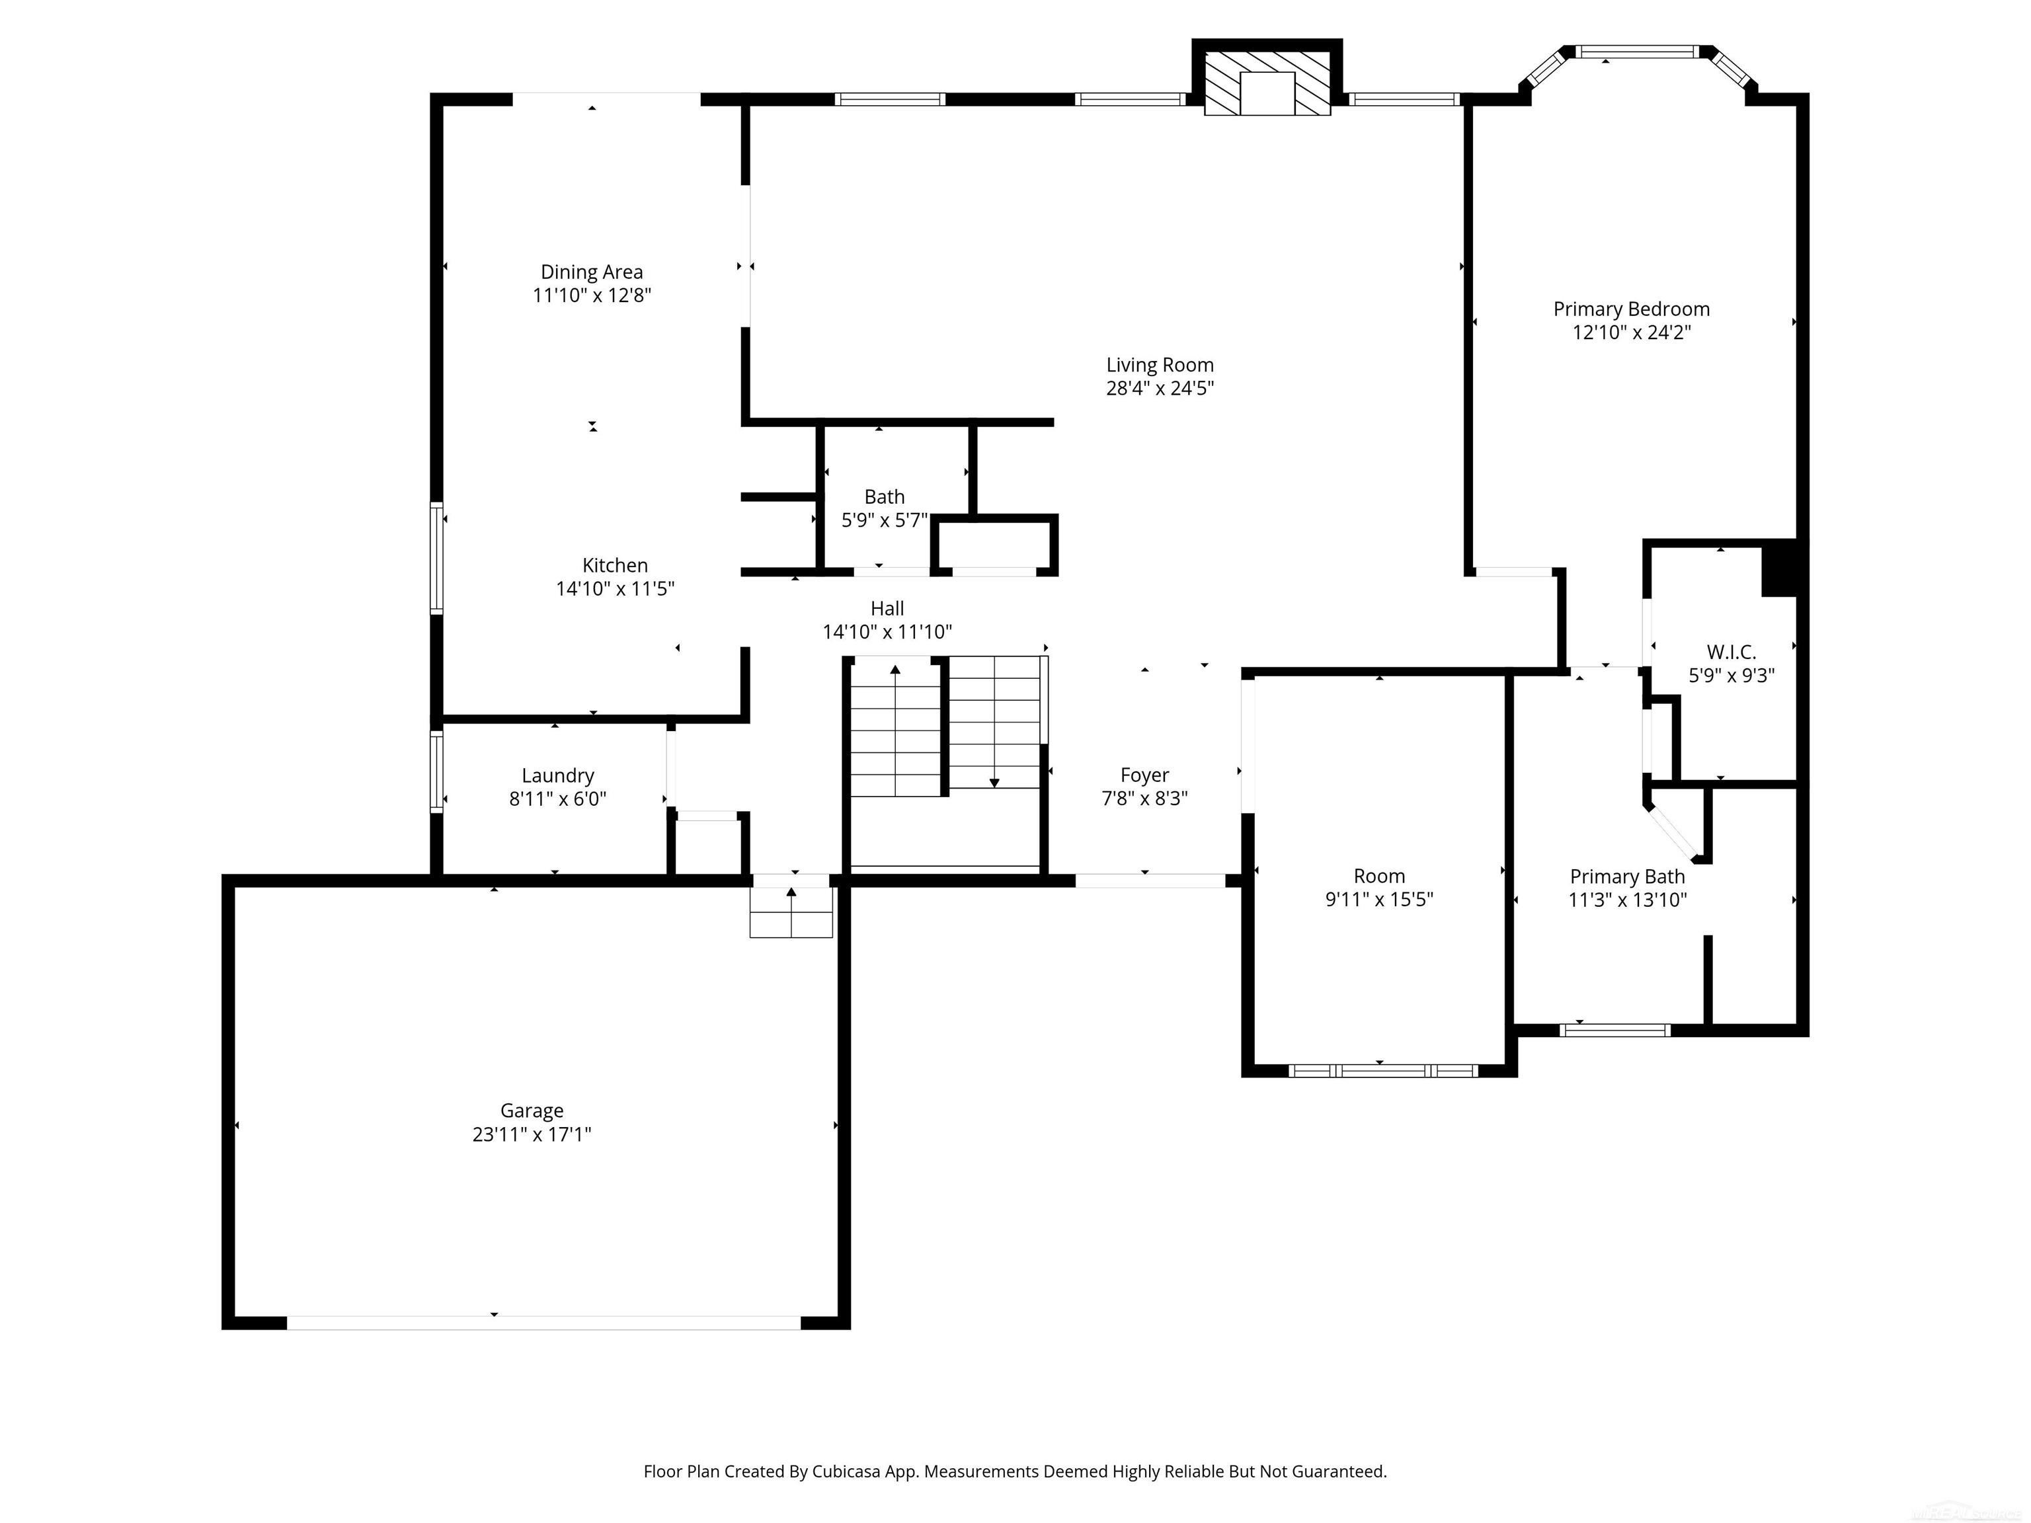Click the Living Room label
pyautogui.click(x=1159, y=364)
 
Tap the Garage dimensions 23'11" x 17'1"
pyautogui.click(x=532, y=1134)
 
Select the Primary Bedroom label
pyautogui.click(x=1630, y=309)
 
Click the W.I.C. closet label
pyautogui.click(x=1731, y=652)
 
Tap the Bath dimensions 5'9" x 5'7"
pyautogui.click(x=884, y=520)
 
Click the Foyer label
pyautogui.click(x=1144, y=775)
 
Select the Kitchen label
pyautogui.click(x=614, y=565)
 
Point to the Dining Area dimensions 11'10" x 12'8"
pyautogui.click(x=591, y=295)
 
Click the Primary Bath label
pyautogui.click(x=1627, y=876)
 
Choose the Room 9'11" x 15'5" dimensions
pyautogui.click(x=1378, y=899)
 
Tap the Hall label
pyautogui.click(x=887, y=607)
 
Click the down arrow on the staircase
pyautogui.click(x=994, y=781)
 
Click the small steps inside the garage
pyautogui.click(x=791, y=914)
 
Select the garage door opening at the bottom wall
pyautogui.click(x=543, y=1322)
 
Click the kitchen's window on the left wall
pyautogui.click(x=437, y=557)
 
